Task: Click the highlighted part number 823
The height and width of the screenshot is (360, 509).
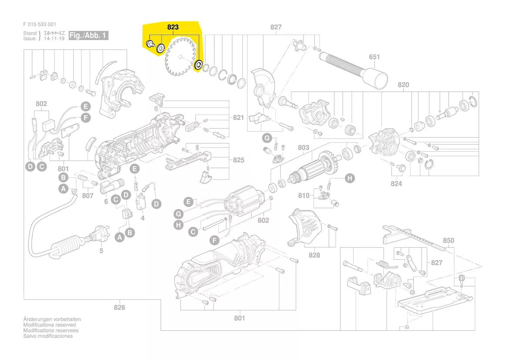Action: coord(173,27)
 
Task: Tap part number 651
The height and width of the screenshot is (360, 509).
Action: coord(374,57)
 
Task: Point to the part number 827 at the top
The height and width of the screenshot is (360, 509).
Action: coord(276,27)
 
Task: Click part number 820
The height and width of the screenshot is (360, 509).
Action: coord(404,85)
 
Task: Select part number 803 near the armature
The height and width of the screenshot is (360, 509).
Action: coord(303,148)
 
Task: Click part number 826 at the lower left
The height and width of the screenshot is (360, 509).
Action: coord(119,308)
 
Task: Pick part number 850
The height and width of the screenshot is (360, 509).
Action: coord(448,241)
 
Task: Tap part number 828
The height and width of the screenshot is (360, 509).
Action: coord(315,255)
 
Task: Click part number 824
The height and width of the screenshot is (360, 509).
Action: coord(396,184)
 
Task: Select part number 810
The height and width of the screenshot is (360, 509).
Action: coord(304,195)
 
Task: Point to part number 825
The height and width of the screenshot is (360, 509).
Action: coord(239,160)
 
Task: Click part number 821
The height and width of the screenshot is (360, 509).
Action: coord(239,118)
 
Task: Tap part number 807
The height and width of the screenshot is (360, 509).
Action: coord(88,196)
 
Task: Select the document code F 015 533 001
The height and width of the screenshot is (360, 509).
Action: coord(40,24)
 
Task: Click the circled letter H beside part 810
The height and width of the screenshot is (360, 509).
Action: coord(350,178)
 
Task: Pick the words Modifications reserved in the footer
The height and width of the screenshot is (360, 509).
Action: coord(49,325)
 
